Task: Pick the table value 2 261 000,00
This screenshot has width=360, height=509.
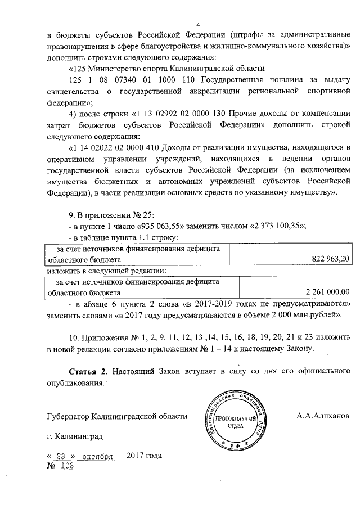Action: coord(327,291)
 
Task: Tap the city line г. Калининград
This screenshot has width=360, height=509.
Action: coord(75,437)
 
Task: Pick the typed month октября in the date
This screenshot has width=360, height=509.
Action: coord(98,456)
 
